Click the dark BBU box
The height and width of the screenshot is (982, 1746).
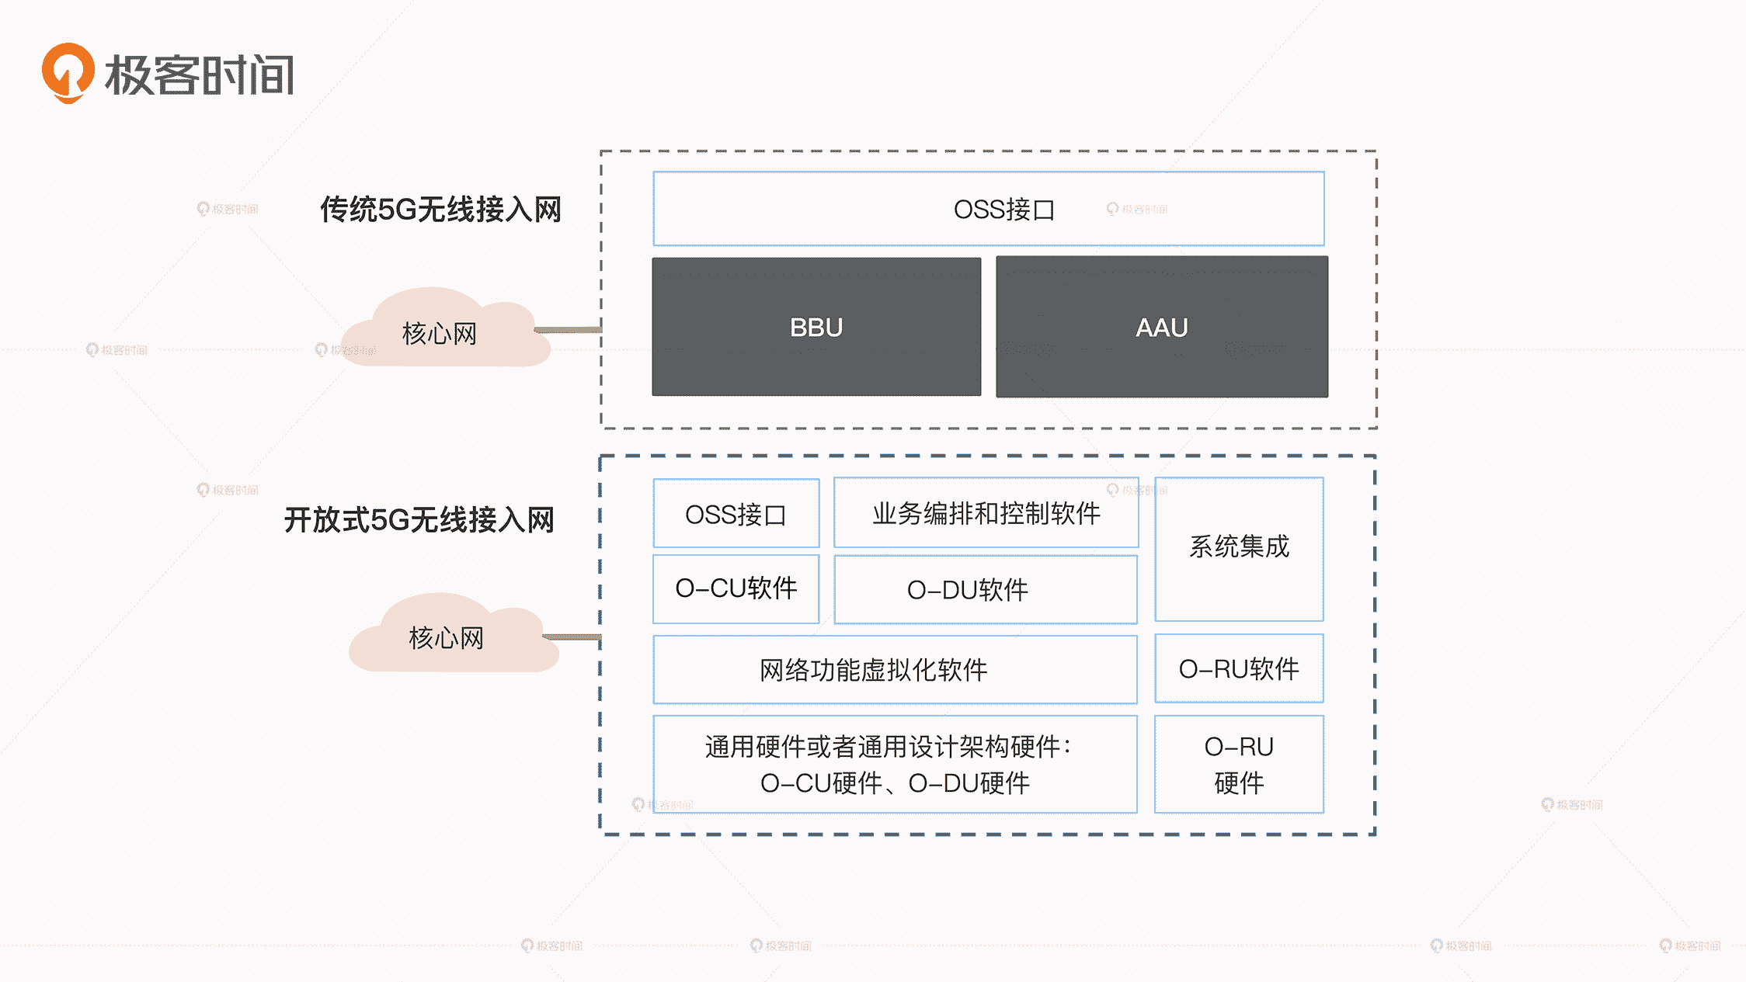coord(816,327)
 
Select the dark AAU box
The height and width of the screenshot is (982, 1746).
coord(1162,327)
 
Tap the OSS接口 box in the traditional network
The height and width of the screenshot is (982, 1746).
coord(988,209)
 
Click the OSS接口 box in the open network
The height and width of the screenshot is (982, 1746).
coord(736,514)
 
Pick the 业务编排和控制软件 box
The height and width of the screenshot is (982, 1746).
coord(986,513)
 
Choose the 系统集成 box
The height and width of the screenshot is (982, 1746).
coord(1239,548)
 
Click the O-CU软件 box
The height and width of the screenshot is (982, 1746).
coord(736,588)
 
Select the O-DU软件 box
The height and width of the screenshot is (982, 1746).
coord(985,590)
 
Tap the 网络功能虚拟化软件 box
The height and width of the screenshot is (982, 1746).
coord(895,669)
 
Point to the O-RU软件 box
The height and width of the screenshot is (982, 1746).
coord(1239,668)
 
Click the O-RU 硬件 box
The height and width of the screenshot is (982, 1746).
coord(1239,764)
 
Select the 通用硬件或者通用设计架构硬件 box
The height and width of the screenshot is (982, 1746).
coord(895,764)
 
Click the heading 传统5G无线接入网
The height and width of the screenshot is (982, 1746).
coord(440,210)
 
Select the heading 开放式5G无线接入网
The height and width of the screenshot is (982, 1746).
coord(419,520)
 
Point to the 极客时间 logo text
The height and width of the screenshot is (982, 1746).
coord(200,75)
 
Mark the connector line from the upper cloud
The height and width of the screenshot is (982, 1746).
coord(569,330)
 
